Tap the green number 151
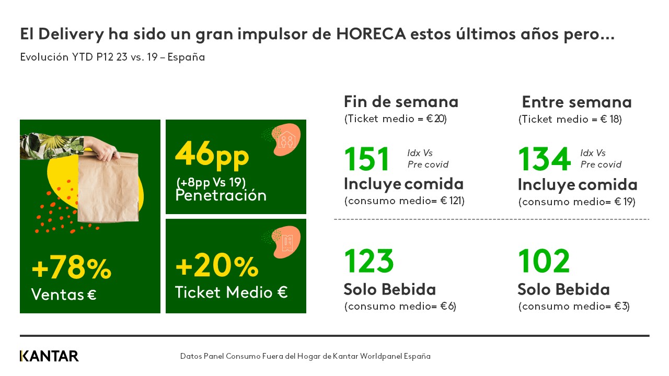pos(367,159)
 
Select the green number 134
pos(544,159)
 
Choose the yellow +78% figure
pos(72,268)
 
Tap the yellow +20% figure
pos(217,266)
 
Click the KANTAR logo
pos(49,356)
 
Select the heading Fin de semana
pos(401,101)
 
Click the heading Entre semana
pos(576,102)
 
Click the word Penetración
pos(221,195)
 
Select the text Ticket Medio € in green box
pos(231,292)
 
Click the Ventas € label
pos(64,295)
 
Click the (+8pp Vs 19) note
pos(211,182)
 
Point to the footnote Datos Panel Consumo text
pos(305,356)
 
